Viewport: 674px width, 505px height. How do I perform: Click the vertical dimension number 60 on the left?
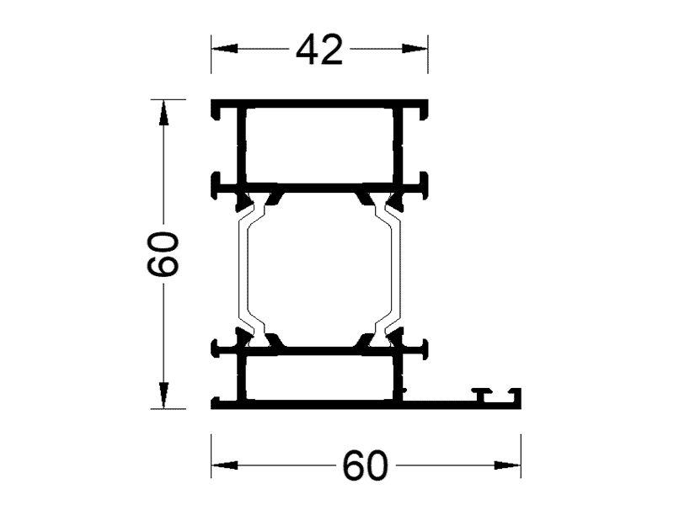coord(163,254)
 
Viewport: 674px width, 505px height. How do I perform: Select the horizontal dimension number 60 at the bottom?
coord(366,465)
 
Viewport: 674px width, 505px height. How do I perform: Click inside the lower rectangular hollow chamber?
coord(318,376)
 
